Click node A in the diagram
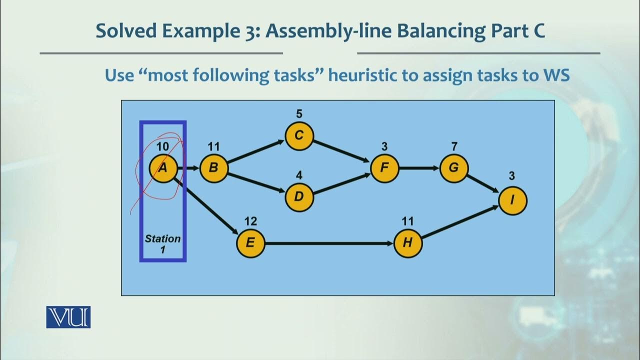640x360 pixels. click(x=163, y=168)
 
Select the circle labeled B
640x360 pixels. click(x=213, y=168)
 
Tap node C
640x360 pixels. click(x=299, y=135)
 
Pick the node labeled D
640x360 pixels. click(x=299, y=196)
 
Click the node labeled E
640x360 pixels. click(x=250, y=243)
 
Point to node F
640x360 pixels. click(x=384, y=167)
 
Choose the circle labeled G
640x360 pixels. click(x=453, y=167)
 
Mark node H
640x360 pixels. click(x=407, y=243)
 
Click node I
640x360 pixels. click(x=512, y=200)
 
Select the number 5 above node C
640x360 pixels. click(x=299, y=114)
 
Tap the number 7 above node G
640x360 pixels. click(x=453, y=146)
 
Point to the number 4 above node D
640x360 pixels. click(x=299, y=175)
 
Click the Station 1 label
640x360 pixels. click(x=162, y=243)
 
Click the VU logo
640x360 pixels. click(x=68, y=317)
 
